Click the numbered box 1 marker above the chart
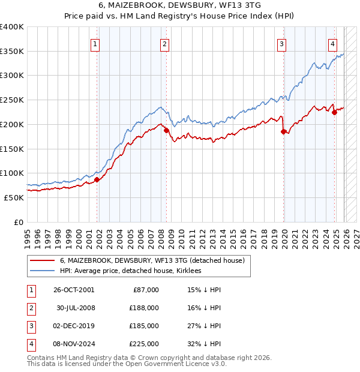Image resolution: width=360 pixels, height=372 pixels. point(96,43)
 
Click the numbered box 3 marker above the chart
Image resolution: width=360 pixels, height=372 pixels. point(281,43)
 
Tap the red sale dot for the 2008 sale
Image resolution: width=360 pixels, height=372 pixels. point(166,130)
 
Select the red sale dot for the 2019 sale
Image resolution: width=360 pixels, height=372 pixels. point(283,132)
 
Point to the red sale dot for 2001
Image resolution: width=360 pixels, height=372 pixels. point(97,179)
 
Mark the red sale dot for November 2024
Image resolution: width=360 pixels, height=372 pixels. point(334,112)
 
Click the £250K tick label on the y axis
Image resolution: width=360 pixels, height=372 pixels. point(12,100)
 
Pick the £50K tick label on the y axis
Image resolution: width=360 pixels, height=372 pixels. point(14,197)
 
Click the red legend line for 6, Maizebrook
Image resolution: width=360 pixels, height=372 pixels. point(43,261)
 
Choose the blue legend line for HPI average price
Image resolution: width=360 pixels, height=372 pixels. point(43,271)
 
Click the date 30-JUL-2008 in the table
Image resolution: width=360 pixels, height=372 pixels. point(76,308)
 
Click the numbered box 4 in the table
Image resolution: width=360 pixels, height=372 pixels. point(29,344)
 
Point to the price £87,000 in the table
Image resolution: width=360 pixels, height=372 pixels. point(145,290)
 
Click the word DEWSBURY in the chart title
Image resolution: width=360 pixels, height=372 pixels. point(151,7)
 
